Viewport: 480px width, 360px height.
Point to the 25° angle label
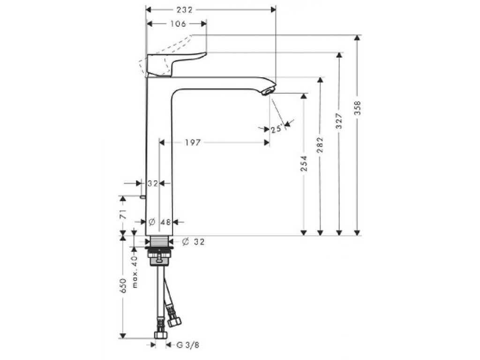276,128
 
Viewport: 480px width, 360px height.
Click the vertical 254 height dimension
304,163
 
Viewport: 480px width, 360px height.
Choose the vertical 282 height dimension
321,146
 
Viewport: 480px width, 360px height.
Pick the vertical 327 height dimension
339,121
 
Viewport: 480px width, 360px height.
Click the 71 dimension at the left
123,215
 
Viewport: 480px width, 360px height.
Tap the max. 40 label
135,271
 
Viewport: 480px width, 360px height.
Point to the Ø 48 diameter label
159,222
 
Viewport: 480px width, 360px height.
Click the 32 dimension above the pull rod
153,183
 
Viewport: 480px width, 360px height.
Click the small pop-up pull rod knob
142,197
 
